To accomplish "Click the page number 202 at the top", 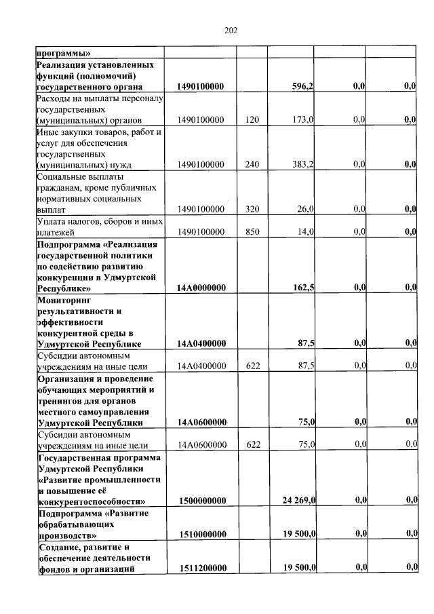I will (x=231, y=31).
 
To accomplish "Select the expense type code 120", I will (x=253, y=119).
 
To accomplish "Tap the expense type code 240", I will (x=253, y=164).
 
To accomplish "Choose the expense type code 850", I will (x=253, y=231).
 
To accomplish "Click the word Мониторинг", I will (x=64, y=299).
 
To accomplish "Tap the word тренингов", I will (x=64, y=400).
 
